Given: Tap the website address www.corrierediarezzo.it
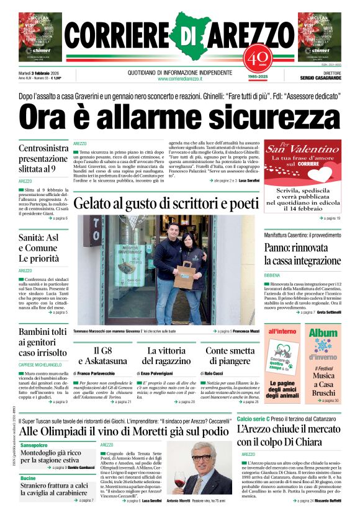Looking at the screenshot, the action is click(179, 79).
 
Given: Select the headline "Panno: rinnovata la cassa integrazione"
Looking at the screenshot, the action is click(302, 254).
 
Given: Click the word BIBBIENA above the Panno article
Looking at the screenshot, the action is click(274, 275).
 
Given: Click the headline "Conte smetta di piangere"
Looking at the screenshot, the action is click(230, 356).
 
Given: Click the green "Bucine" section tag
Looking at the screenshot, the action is click(27, 478).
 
